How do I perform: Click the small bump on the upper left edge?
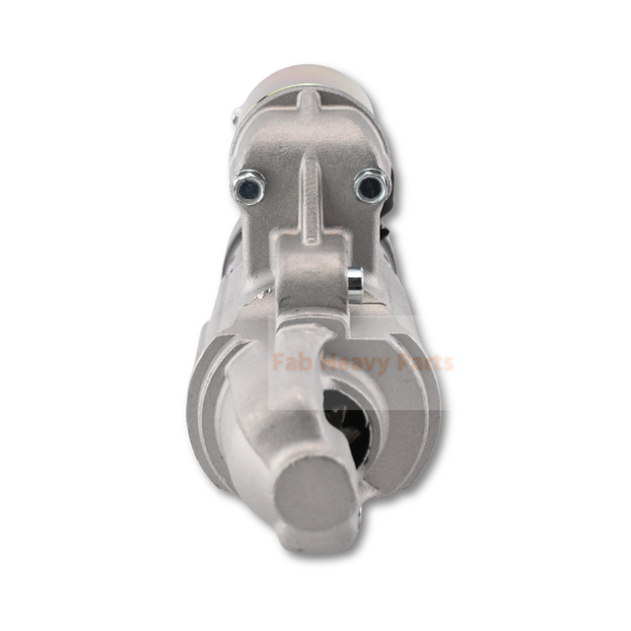coord(236,117)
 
